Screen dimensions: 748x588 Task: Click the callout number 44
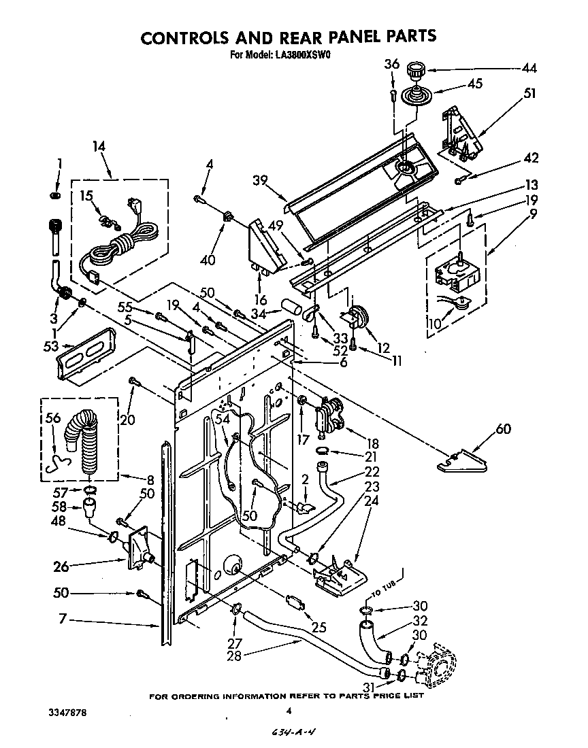coord(529,68)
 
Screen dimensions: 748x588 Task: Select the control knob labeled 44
coord(413,70)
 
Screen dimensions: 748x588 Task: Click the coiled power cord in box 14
coord(122,243)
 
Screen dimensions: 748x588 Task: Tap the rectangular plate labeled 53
coord(87,352)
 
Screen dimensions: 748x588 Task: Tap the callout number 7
coord(62,619)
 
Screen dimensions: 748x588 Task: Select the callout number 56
coord(52,420)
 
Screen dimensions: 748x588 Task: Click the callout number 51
coord(529,94)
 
